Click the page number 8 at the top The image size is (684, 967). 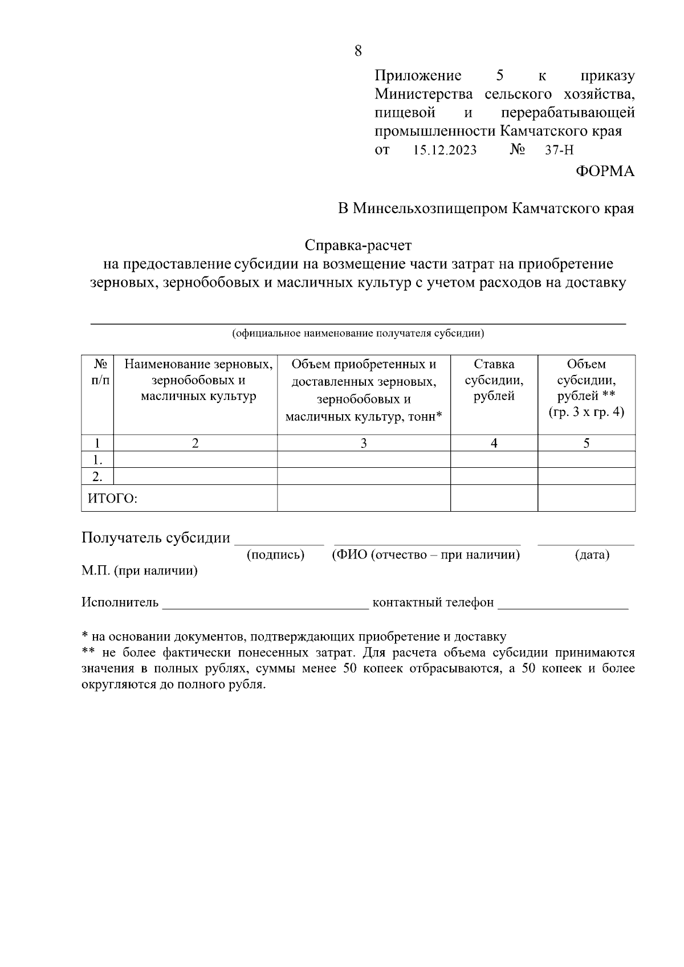[357, 51]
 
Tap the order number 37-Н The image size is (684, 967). [559, 151]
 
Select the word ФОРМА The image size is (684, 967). [605, 172]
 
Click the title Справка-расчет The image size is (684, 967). [358, 246]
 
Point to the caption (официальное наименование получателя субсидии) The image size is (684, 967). [358, 333]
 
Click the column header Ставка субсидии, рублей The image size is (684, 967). [494, 380]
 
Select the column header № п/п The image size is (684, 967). [97, 372]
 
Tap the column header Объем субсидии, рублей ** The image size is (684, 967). [586, 387]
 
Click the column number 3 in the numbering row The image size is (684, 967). [363, 443]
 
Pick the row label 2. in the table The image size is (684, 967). [97, 476]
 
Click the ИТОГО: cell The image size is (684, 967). [113, 499]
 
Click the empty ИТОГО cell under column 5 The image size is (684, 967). [586, 498]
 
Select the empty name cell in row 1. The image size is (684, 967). [195, 459]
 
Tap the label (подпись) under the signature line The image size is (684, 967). [275, 554]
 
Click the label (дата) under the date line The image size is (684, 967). [592, 554]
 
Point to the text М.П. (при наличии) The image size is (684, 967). [140, 571]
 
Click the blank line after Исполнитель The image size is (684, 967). [265, 603]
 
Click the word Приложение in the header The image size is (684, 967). [417, 76]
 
